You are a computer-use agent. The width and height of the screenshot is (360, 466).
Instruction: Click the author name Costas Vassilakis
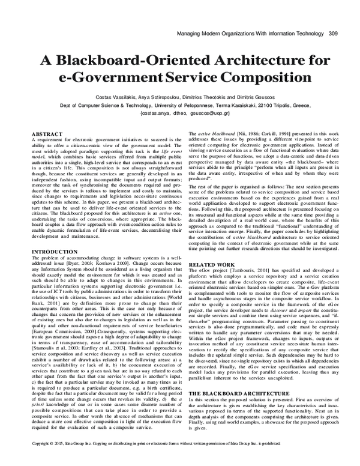[115, 97]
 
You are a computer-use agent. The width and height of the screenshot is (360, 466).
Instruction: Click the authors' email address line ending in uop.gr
[179, 112]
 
